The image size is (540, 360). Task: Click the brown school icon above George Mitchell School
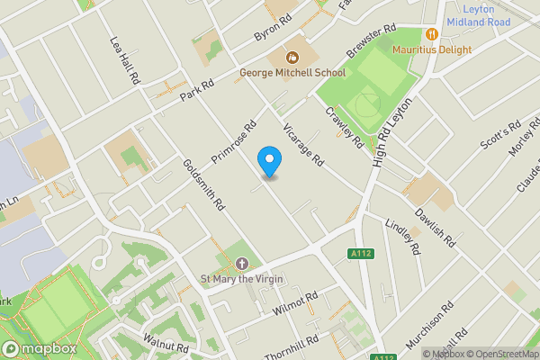292,57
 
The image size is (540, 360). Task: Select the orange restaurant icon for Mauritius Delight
432,34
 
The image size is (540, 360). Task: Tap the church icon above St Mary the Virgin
241,264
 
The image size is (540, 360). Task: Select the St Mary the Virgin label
241,279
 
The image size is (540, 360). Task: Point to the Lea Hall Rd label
124,62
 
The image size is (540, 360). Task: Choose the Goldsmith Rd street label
202,184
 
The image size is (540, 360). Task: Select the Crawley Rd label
344,129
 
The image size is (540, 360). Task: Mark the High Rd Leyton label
385,135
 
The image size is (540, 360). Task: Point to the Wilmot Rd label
294,304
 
